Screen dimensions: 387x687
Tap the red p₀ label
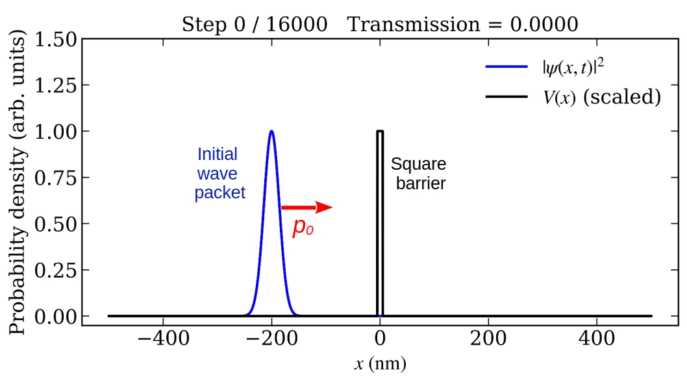[303, 228]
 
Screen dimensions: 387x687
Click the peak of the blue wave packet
[271, 132]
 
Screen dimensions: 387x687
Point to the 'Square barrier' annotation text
[419, 174]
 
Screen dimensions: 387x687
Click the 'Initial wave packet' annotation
[219, 174]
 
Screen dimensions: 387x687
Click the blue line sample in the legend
[506, 66]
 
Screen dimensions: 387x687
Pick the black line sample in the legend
[506, 98]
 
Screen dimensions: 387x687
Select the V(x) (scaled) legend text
[602, 98]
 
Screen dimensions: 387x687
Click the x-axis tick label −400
[162, 340]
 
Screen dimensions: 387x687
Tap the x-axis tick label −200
[271, 340]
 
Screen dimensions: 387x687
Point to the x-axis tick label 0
[380, 340]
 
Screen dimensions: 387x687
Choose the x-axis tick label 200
[488, 340]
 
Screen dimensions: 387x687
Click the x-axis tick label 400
[597, 340]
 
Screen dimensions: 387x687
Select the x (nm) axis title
[380, 364]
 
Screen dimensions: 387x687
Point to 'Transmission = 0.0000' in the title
[462, 24]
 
